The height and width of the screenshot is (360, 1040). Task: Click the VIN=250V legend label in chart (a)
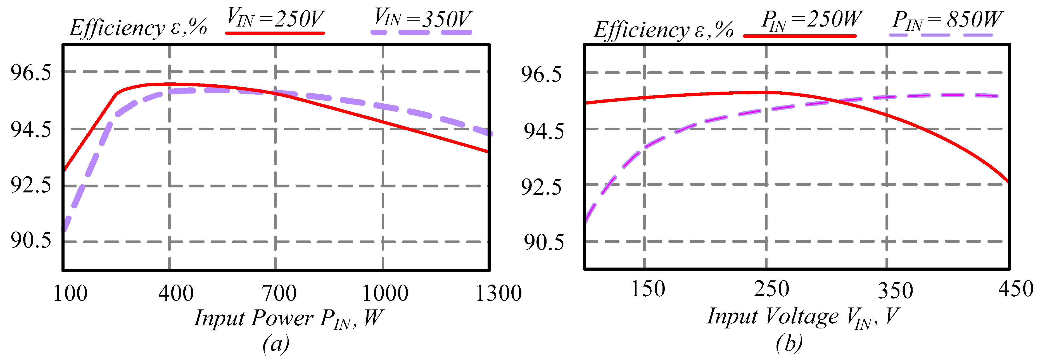pyautogui.click(x=275, y=18)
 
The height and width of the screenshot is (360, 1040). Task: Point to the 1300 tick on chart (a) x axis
pyautogui.click(x=498, y=294)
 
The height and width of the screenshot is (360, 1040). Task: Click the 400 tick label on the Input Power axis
pyautogui.click(x=176, y=294)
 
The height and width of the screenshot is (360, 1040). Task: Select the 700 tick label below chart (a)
pyautogui.click(x=279, y=294)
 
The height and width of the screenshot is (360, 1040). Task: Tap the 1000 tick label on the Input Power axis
pyautogui.click(x=385, y=294)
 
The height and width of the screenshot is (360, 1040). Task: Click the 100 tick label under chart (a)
pyautogui.click(x=71, y=294)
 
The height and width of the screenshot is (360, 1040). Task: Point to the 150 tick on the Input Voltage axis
pyautogui.click(x=648, y=289)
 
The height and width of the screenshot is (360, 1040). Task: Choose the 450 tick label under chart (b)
pyautogui.click(x=1015, y=289)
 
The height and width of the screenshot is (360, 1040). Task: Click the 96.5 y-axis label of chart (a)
pyautogui.click(x=31, y=73)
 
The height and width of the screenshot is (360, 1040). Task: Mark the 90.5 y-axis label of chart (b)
pyautogui.click(x=543, y=242)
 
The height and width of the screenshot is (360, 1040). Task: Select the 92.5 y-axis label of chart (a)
pyautogui.click(x=31, y=185)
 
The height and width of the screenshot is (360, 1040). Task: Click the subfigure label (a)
pyautogui.click(x=276, y=344)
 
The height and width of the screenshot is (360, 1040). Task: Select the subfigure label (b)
pyautogui.click(x=789, y=344)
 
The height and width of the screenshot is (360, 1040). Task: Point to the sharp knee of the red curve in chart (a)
pyautogui.click(x=116, y=94)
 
